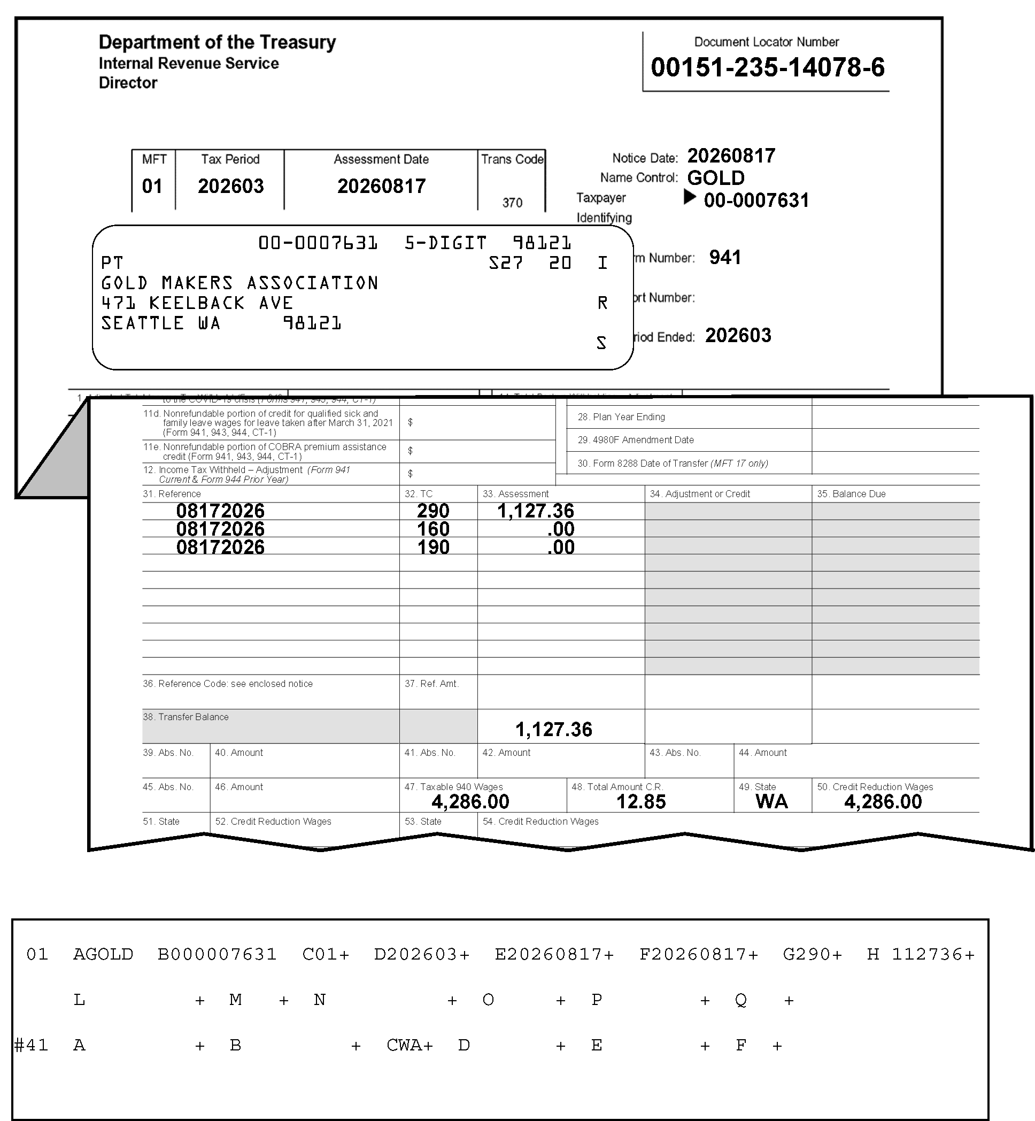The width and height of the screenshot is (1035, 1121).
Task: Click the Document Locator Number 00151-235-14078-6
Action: click(x=767, y=67)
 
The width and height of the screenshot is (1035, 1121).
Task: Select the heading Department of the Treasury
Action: click(x=217, y=42)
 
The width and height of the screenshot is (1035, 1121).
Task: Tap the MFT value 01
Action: click(x=152, y=186)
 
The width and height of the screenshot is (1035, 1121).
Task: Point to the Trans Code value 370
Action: click(x=512, y=202)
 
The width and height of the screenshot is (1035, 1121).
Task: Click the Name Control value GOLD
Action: click(x=716, y=178)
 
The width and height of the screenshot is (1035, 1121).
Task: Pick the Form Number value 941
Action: click(x=725, y=258)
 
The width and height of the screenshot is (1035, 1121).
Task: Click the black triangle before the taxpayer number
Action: click(x=690, y=197)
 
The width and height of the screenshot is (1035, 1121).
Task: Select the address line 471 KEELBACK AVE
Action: click(x=197, y=303)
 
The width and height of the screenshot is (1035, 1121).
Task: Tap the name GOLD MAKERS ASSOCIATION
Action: click(x=239, y=283)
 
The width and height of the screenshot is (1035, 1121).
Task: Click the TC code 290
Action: click(x=433, y=511)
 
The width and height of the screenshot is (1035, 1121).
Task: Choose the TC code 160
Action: click(x=433, y=529)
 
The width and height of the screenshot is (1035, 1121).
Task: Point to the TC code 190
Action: click(x=433, y=547)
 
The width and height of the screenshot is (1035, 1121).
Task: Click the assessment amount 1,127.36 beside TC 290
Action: click(x=536, y=511)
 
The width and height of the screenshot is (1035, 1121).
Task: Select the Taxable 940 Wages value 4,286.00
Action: click(x=470, y=802)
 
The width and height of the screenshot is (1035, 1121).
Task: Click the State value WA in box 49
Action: click(x=771, y=802)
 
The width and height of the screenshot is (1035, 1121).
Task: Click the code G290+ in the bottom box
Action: click(x=812, y=954)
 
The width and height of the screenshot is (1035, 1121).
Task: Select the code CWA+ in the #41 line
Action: click(x=410, y=1045)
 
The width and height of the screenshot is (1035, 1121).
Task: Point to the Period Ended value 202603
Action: click(x=738, y=335)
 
